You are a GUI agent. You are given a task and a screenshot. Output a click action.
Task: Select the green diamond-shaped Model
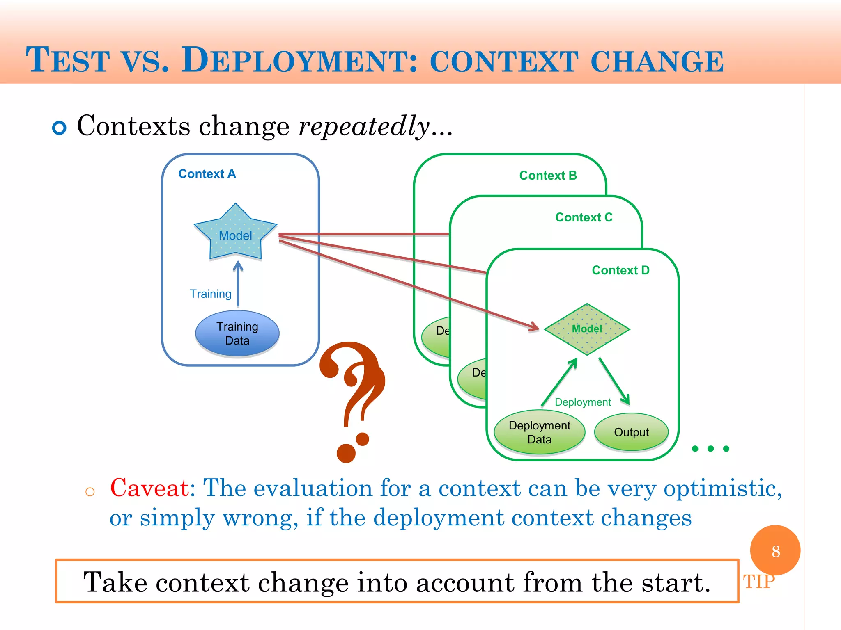(587, 329)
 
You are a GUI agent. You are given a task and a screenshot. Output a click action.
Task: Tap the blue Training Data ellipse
(237, 333)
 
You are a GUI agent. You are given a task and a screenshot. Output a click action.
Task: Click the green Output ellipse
(631, 432)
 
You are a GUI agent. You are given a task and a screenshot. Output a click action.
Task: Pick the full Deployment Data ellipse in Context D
(539, 432)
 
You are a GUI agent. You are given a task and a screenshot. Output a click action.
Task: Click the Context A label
(207, 174)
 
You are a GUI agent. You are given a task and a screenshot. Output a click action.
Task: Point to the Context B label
(548, 176)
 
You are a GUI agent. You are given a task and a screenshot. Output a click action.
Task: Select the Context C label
(584, 217)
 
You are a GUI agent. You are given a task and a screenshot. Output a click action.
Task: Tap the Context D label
(620, 270)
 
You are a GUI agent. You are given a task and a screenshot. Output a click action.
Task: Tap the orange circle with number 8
(775, 550)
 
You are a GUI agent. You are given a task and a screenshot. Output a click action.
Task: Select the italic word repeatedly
(364, 126)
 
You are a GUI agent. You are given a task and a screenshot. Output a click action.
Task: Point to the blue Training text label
(210, 294)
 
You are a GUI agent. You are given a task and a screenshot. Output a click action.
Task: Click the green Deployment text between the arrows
(583, 402)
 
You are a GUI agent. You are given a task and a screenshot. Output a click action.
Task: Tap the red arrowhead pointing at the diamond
(534, 326)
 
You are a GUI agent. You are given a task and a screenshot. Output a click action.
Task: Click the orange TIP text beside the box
(758, 582)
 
